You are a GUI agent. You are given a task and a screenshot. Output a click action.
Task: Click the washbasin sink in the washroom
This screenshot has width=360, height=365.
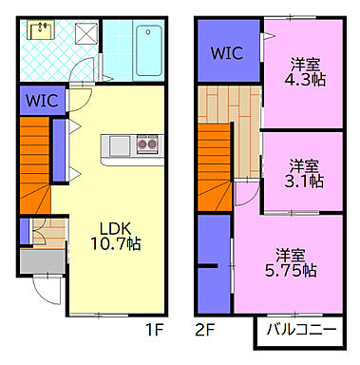[x=41, y=29]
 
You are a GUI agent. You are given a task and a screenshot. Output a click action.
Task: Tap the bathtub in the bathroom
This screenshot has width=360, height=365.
[x=149, y=50]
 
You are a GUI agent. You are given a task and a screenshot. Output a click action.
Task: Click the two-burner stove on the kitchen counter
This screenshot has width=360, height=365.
[x=147, y=144]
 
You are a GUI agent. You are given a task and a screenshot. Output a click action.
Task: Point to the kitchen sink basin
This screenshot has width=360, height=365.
[x=120, y=145]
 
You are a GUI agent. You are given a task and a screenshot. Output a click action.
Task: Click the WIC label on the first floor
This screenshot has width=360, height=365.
[x=42, y=101]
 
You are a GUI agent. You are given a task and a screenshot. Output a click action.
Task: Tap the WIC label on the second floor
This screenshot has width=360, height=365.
[x=227, y=53]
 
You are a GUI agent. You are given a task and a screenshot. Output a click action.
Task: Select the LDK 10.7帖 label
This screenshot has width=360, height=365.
[x=116, y=236]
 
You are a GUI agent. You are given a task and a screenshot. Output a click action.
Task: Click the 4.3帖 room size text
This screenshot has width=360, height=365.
[x=305, y=80]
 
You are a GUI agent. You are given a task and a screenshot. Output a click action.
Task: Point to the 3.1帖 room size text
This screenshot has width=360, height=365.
[x=304, y=182]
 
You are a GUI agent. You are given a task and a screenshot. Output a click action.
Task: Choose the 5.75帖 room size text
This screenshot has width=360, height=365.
[x=291, y=271]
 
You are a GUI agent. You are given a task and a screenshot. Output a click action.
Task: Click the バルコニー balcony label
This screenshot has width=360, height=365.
[x=301, y=330]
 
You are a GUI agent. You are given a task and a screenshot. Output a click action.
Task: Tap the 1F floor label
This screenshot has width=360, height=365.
[x=154, y=331]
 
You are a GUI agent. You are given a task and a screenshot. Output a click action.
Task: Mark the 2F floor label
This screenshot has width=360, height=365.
[x=205, y=331]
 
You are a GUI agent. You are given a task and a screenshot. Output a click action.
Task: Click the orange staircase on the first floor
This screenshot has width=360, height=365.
[x=35, y=165]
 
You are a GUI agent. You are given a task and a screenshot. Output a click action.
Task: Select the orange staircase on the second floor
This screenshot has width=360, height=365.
[x=215, y=167]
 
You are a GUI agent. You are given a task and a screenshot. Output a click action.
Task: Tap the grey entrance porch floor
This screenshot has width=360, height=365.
[x=42, y=261]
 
